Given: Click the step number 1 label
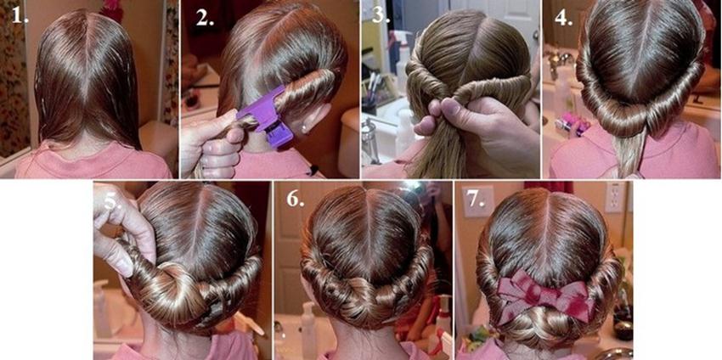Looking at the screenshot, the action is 20,15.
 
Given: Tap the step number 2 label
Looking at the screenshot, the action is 205,17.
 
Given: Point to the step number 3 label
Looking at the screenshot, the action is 381,14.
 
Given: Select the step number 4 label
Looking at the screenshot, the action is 563,17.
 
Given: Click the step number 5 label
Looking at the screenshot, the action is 113,200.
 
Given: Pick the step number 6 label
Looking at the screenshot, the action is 296,198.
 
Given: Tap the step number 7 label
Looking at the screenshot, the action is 477,200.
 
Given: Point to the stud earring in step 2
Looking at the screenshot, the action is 304,124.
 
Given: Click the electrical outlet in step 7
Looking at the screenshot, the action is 613,197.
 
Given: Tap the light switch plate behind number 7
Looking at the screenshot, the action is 478,201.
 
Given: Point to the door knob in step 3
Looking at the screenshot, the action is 535,35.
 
